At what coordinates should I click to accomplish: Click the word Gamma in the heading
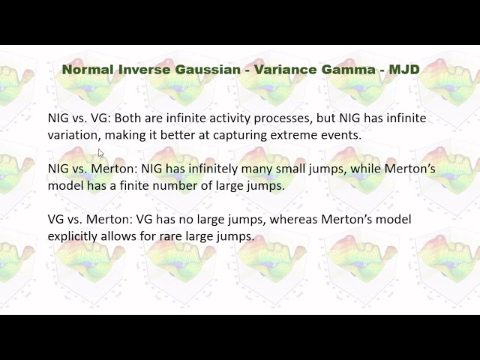point(345,69)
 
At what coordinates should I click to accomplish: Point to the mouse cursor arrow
point(101,153)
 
